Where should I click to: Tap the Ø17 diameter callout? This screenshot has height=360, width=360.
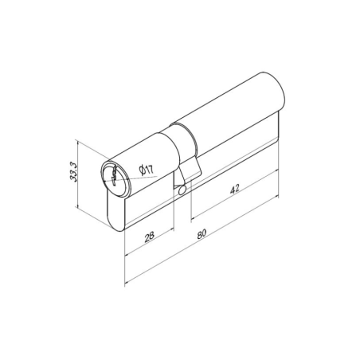[x=147, y=170]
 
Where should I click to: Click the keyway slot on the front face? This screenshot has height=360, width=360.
[x=113, y=177]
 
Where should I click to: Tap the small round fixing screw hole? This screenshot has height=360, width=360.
[x=182, y=190]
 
